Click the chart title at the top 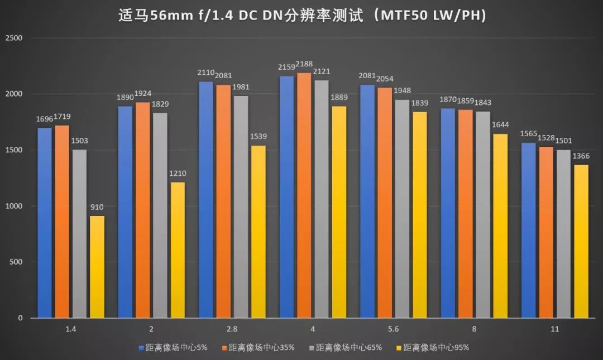(301, 15)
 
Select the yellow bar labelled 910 (97, 267)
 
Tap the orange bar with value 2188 (304, 195)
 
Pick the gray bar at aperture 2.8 (241, 207)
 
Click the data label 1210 (178, 174)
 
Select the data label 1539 (258, 137)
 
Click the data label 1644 (500, 125)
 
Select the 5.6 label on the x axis (394, 329)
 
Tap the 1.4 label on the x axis (71, 329)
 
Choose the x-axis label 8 (474, 329)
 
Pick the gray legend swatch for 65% (312, 348)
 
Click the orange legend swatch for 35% (225, 348)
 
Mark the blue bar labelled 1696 (45, 223)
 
